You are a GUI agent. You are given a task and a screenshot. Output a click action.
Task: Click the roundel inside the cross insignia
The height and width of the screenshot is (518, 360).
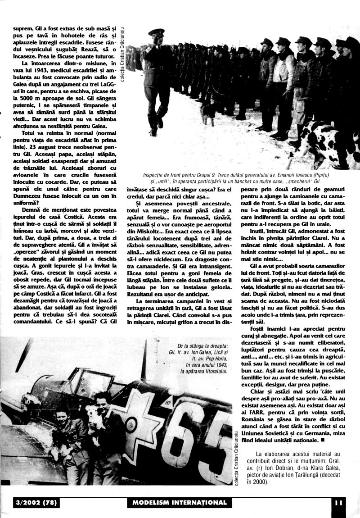click(x=131, y=423)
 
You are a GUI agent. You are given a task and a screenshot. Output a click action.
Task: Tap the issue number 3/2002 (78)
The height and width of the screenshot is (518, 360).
click(x=32, y=503)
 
